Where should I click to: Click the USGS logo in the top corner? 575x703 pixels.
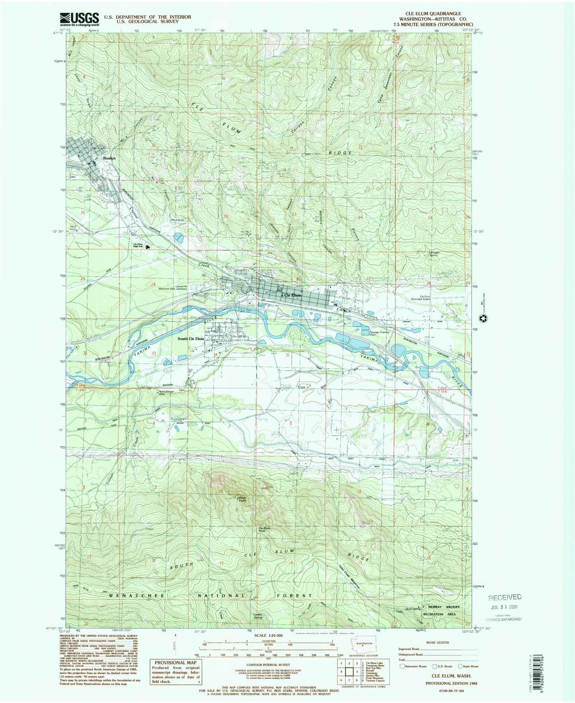[x=79, y=19]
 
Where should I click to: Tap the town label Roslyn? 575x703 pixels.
[x=109, y=158]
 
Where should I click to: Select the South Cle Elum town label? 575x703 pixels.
[x=191, y=339]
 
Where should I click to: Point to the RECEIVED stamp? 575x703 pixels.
[x=505, y=597]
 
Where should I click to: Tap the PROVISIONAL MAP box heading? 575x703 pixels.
[x=175, y=663]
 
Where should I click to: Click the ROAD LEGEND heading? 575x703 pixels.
[x=437, y=642]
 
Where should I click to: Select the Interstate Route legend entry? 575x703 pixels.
[x=414, y=666]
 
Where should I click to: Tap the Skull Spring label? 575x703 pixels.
[x=413, y=609]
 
